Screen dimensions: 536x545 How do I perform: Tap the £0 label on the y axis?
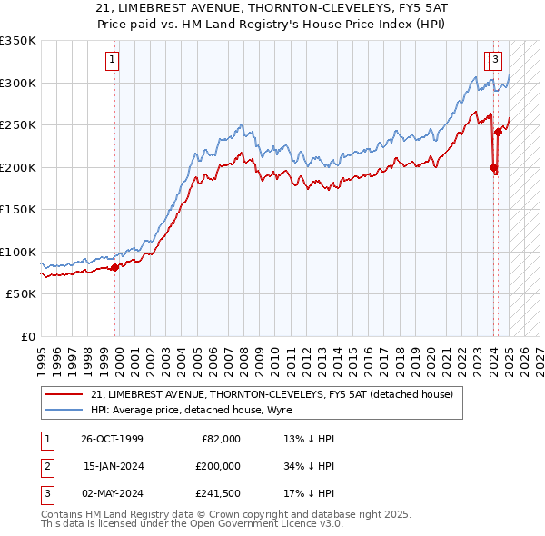coord(27,336)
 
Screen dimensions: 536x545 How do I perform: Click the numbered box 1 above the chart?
coord(112,61)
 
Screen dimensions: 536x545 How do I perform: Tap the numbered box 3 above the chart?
coord(495,61)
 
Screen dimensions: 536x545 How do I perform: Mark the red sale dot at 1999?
coord(115,267)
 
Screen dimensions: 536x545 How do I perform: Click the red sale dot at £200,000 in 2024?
coord(493,167)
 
